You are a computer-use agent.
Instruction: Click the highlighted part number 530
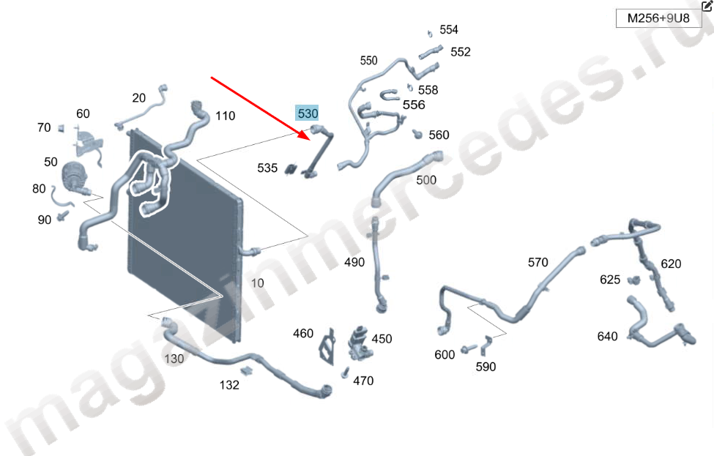308,113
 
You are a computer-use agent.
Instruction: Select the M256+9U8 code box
658,18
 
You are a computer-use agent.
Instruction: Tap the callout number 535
267,168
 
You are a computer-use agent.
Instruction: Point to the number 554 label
449,29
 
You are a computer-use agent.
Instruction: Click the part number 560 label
439,135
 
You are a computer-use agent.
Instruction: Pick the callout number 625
610,280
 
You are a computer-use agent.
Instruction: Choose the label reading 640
607,336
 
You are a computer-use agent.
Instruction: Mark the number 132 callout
229,385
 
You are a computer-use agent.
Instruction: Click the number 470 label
363,381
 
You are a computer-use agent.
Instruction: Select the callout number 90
44,220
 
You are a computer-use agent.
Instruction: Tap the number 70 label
44,127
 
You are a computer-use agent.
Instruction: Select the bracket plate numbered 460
327,346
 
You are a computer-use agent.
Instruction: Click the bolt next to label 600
469,349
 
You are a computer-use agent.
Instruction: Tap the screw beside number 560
417,134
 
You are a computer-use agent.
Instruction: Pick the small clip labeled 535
291,169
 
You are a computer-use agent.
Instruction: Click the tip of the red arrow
310,138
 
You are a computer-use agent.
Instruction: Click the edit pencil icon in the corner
707,5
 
